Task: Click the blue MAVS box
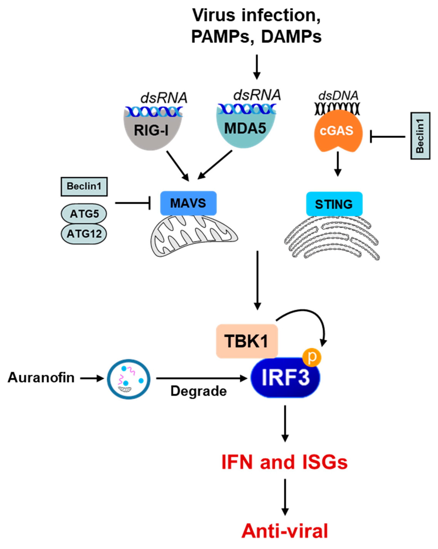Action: (x=188, y=203)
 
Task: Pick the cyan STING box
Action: (x=334, y=204)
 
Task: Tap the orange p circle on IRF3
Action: (x=312, y=358)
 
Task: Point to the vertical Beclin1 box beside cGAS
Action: (x=420, y=136)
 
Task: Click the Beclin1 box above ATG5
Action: (x=84, y=187)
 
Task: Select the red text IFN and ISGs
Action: (x=284, y=462)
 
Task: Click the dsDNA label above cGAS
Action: (x=338, y=96)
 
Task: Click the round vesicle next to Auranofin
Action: (x=129, y=379)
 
